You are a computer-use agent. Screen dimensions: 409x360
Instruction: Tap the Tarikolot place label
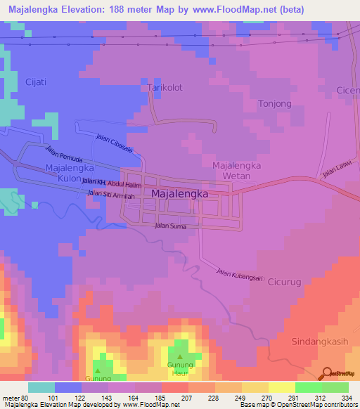click(x=165, y=88)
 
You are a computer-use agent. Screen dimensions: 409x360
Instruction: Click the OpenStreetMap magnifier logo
click(x=327, y=373)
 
